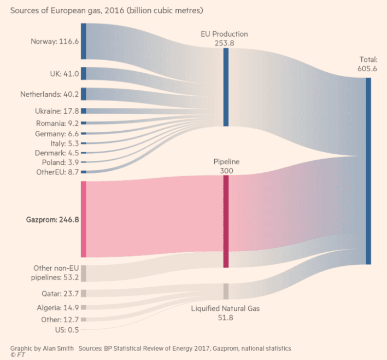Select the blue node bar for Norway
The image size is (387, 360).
(x=84, y=41)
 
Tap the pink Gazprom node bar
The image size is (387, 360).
(x=84, y=219)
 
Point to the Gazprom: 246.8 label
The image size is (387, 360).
(x=52, y=219)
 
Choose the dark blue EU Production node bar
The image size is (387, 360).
(x=226, y=87)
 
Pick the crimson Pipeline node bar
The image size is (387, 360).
(x=226, y=221)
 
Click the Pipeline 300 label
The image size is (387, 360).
(x=226, y=166)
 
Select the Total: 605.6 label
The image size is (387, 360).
(x=368, y=64)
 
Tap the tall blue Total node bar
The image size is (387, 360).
(x=368, y=171)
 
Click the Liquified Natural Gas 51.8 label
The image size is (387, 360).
(x=225, y=313)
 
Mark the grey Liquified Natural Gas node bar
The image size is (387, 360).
(x=226, y=291)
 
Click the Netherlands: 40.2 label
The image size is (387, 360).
(x=50, y=94)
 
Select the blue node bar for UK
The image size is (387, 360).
(x=84, y=74)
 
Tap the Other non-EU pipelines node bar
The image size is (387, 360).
(x=84, y=272)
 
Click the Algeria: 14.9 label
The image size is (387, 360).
(x=56, y=307)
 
